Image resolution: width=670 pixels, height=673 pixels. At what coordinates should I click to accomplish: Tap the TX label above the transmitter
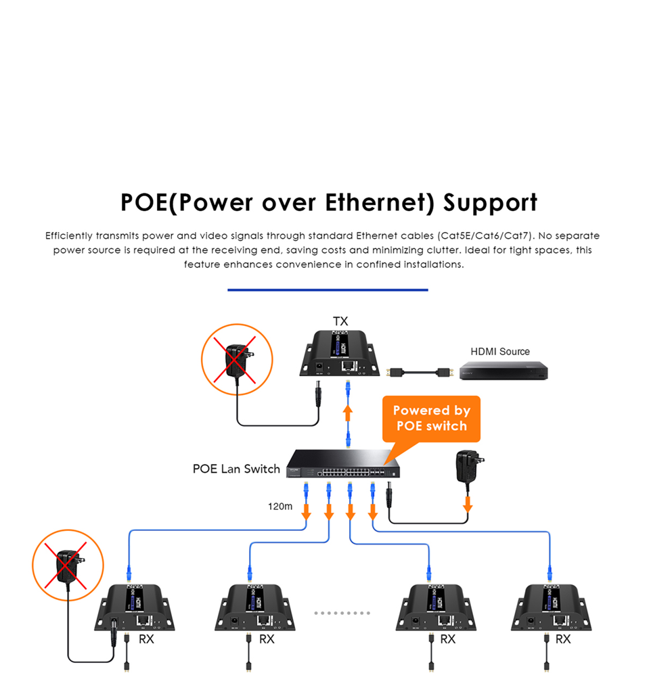340,321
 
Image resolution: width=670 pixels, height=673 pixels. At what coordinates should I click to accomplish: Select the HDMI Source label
500,352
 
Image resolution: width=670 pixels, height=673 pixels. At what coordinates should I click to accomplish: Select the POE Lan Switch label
236,469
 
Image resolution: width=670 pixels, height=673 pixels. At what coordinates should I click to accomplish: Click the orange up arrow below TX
348,413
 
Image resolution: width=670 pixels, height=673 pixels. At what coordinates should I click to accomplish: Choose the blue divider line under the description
328,289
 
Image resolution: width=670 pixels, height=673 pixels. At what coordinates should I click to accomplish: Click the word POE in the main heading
144,203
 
